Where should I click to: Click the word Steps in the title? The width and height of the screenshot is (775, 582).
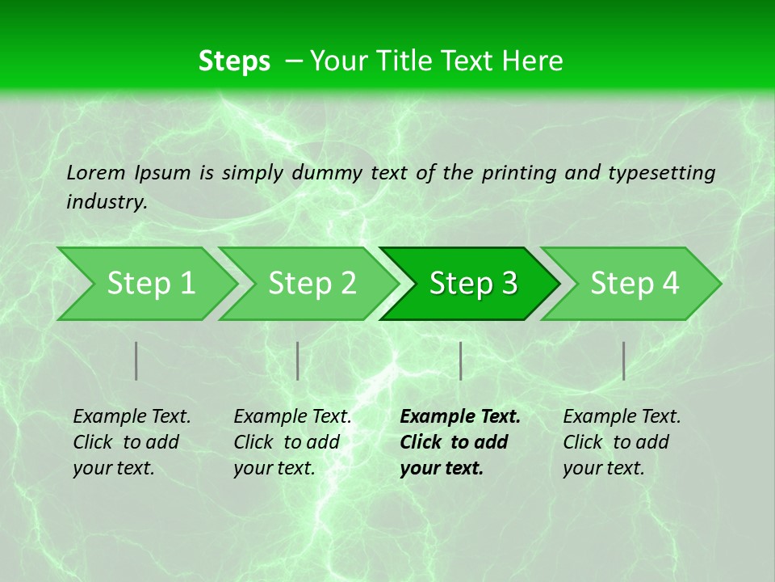(x=234, y=61)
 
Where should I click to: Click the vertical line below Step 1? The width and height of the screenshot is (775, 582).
(x=136, y=361)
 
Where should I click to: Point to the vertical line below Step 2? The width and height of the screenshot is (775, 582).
(x=298, y=361)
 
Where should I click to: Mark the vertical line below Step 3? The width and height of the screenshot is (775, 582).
(x=460, y=361)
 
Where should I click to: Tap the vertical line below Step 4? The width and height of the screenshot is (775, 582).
(x=623, y=361)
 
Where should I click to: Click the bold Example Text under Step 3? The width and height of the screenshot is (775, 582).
(x=460, y=417)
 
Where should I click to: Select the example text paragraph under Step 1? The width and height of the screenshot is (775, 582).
(x=132, y=442)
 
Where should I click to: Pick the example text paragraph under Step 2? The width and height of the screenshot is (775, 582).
(x=292, y=442)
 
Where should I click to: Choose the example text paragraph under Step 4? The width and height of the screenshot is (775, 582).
(x=622, y=442)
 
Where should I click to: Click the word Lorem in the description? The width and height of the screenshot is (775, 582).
(x=96, y=173)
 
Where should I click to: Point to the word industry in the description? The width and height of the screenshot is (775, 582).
(x=106, y=202)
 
